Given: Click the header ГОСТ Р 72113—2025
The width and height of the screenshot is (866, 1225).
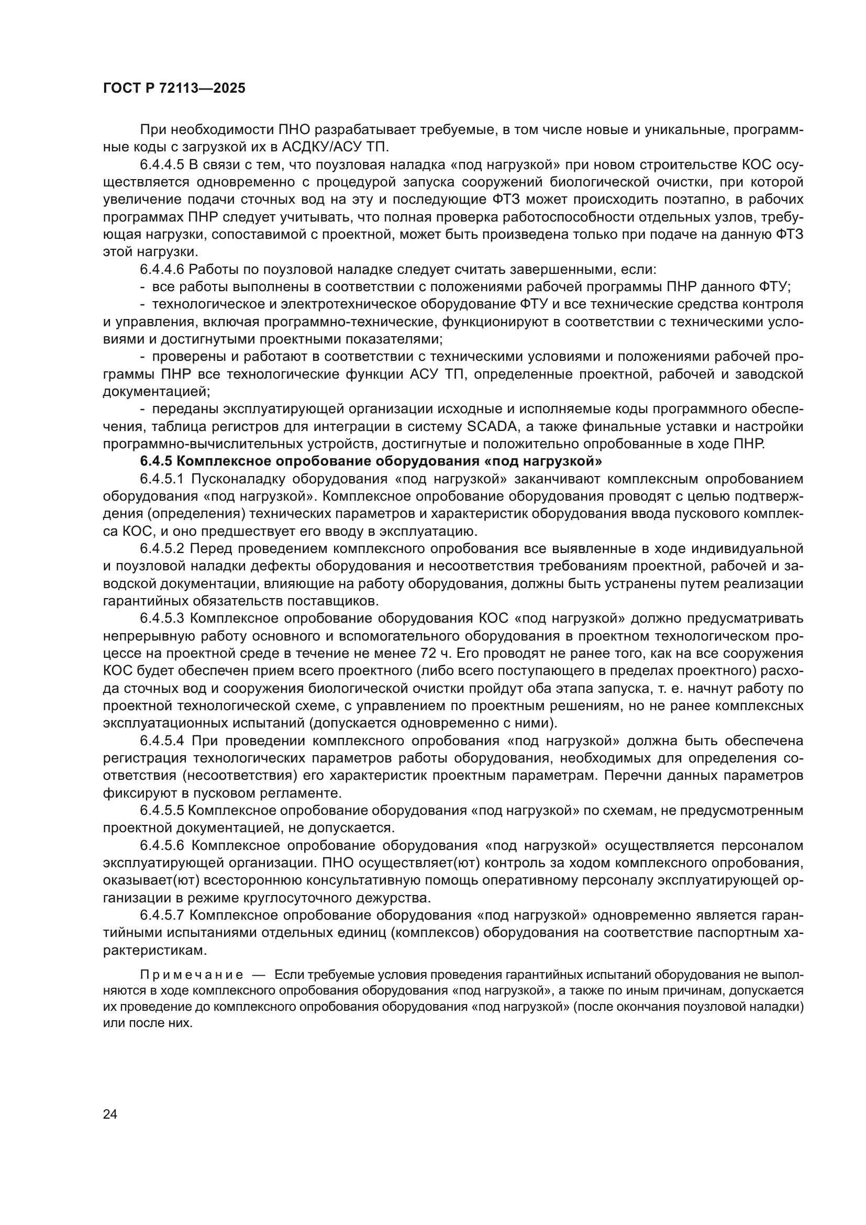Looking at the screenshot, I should (174, 88).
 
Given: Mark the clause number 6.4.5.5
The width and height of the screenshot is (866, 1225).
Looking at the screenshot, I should (162, 810).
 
